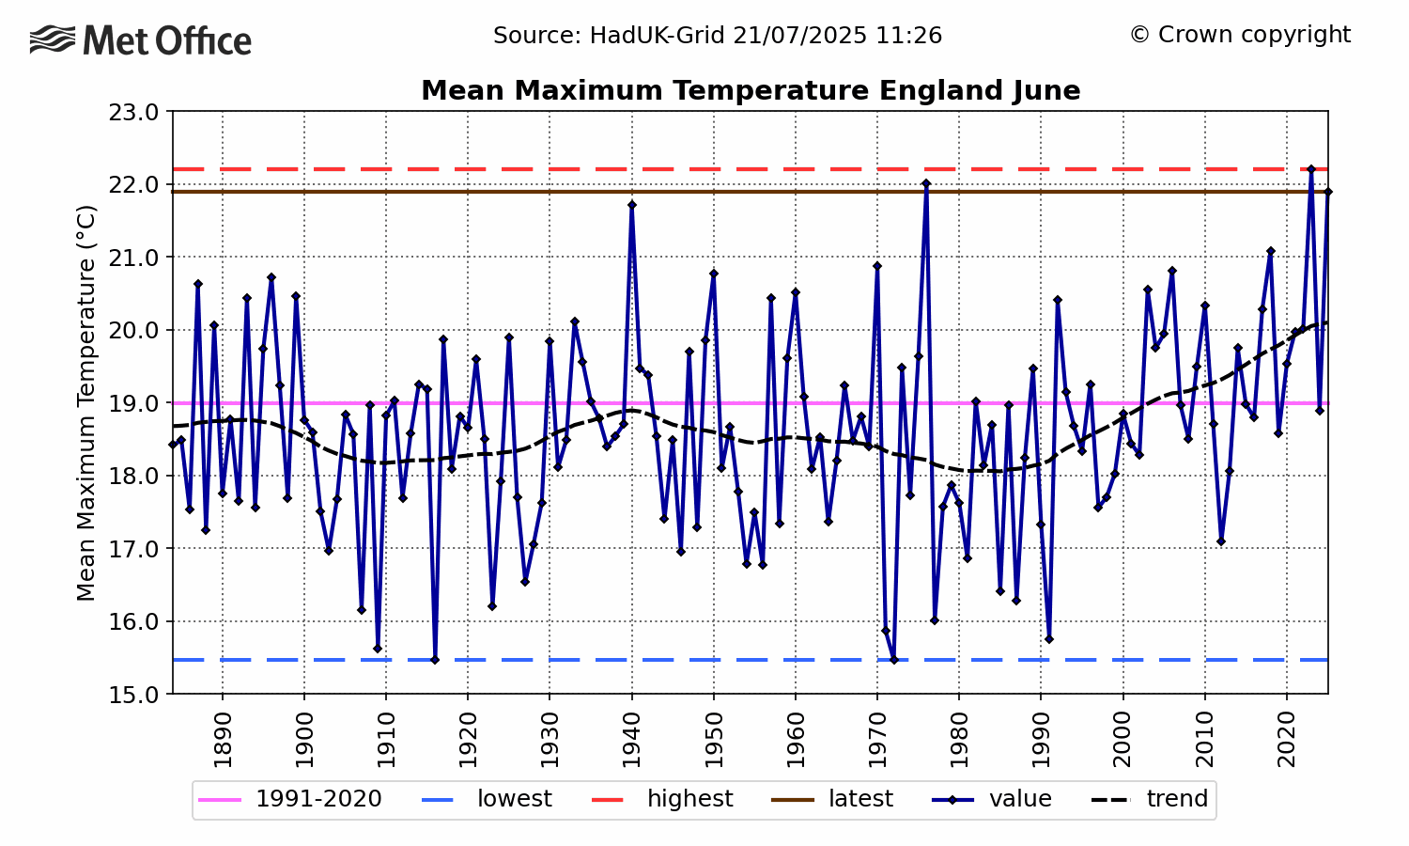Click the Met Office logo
141,40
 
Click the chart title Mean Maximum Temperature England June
751,91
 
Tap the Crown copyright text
1240,35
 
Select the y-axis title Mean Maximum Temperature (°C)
86,402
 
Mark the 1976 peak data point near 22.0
926,184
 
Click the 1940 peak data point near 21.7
632,205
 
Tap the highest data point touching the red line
1311,169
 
